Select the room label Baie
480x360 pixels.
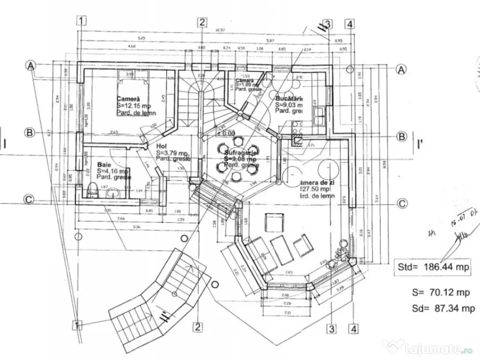(x=105, y=165)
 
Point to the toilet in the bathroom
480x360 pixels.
(x=93, y=191)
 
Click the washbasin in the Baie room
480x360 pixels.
(x=112, y=193)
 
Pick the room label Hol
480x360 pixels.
(x=162, y=146)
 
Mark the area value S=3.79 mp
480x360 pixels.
(x=172, y=153)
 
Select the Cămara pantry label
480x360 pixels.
(x=245, y=81)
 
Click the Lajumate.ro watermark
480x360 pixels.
(x=430, y=348)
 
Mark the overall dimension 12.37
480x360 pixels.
(x=220, y=30)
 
